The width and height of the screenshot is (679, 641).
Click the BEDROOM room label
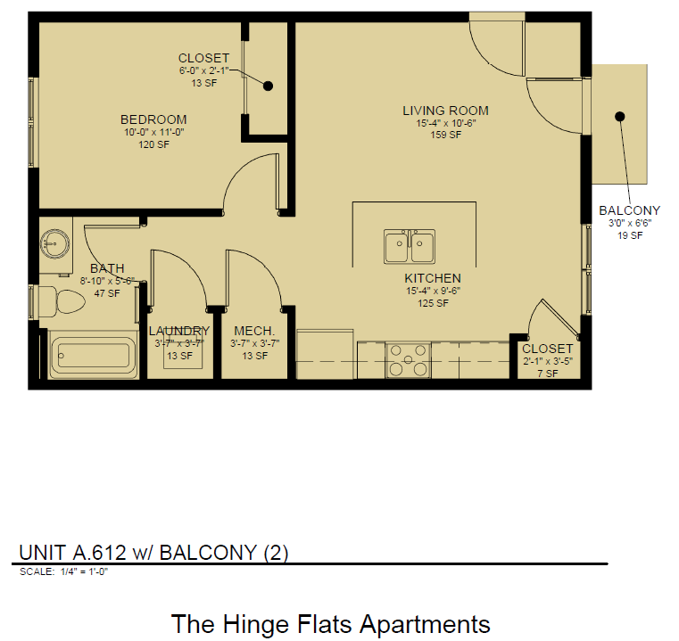coord(153,119)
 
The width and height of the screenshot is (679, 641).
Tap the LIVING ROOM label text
coord(445,111)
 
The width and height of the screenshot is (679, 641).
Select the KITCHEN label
coord(432,278)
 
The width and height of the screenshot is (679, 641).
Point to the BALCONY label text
coord(630,211)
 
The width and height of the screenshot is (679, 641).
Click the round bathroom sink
coord(55,242)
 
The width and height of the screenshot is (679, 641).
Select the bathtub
coord(93,355)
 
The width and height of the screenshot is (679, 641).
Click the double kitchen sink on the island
coord(410,247)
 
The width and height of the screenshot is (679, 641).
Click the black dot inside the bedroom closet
coord(267,86)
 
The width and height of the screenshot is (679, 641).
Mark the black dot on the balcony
coord(619,117)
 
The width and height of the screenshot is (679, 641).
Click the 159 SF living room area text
coord(445,136)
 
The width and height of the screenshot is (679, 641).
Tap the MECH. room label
coord(253,331)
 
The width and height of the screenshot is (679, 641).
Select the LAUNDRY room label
coord(179,331)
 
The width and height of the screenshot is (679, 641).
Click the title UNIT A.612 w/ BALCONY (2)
coord(153,552)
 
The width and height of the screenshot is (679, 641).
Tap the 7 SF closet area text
coord(547,374)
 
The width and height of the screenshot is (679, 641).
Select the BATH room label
coord(107,268)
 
